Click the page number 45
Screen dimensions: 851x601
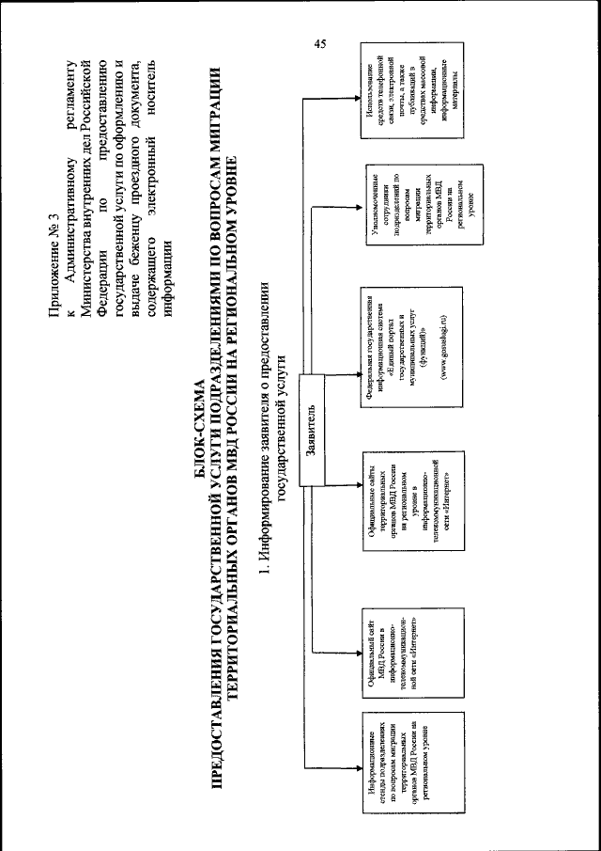coord(320,43)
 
